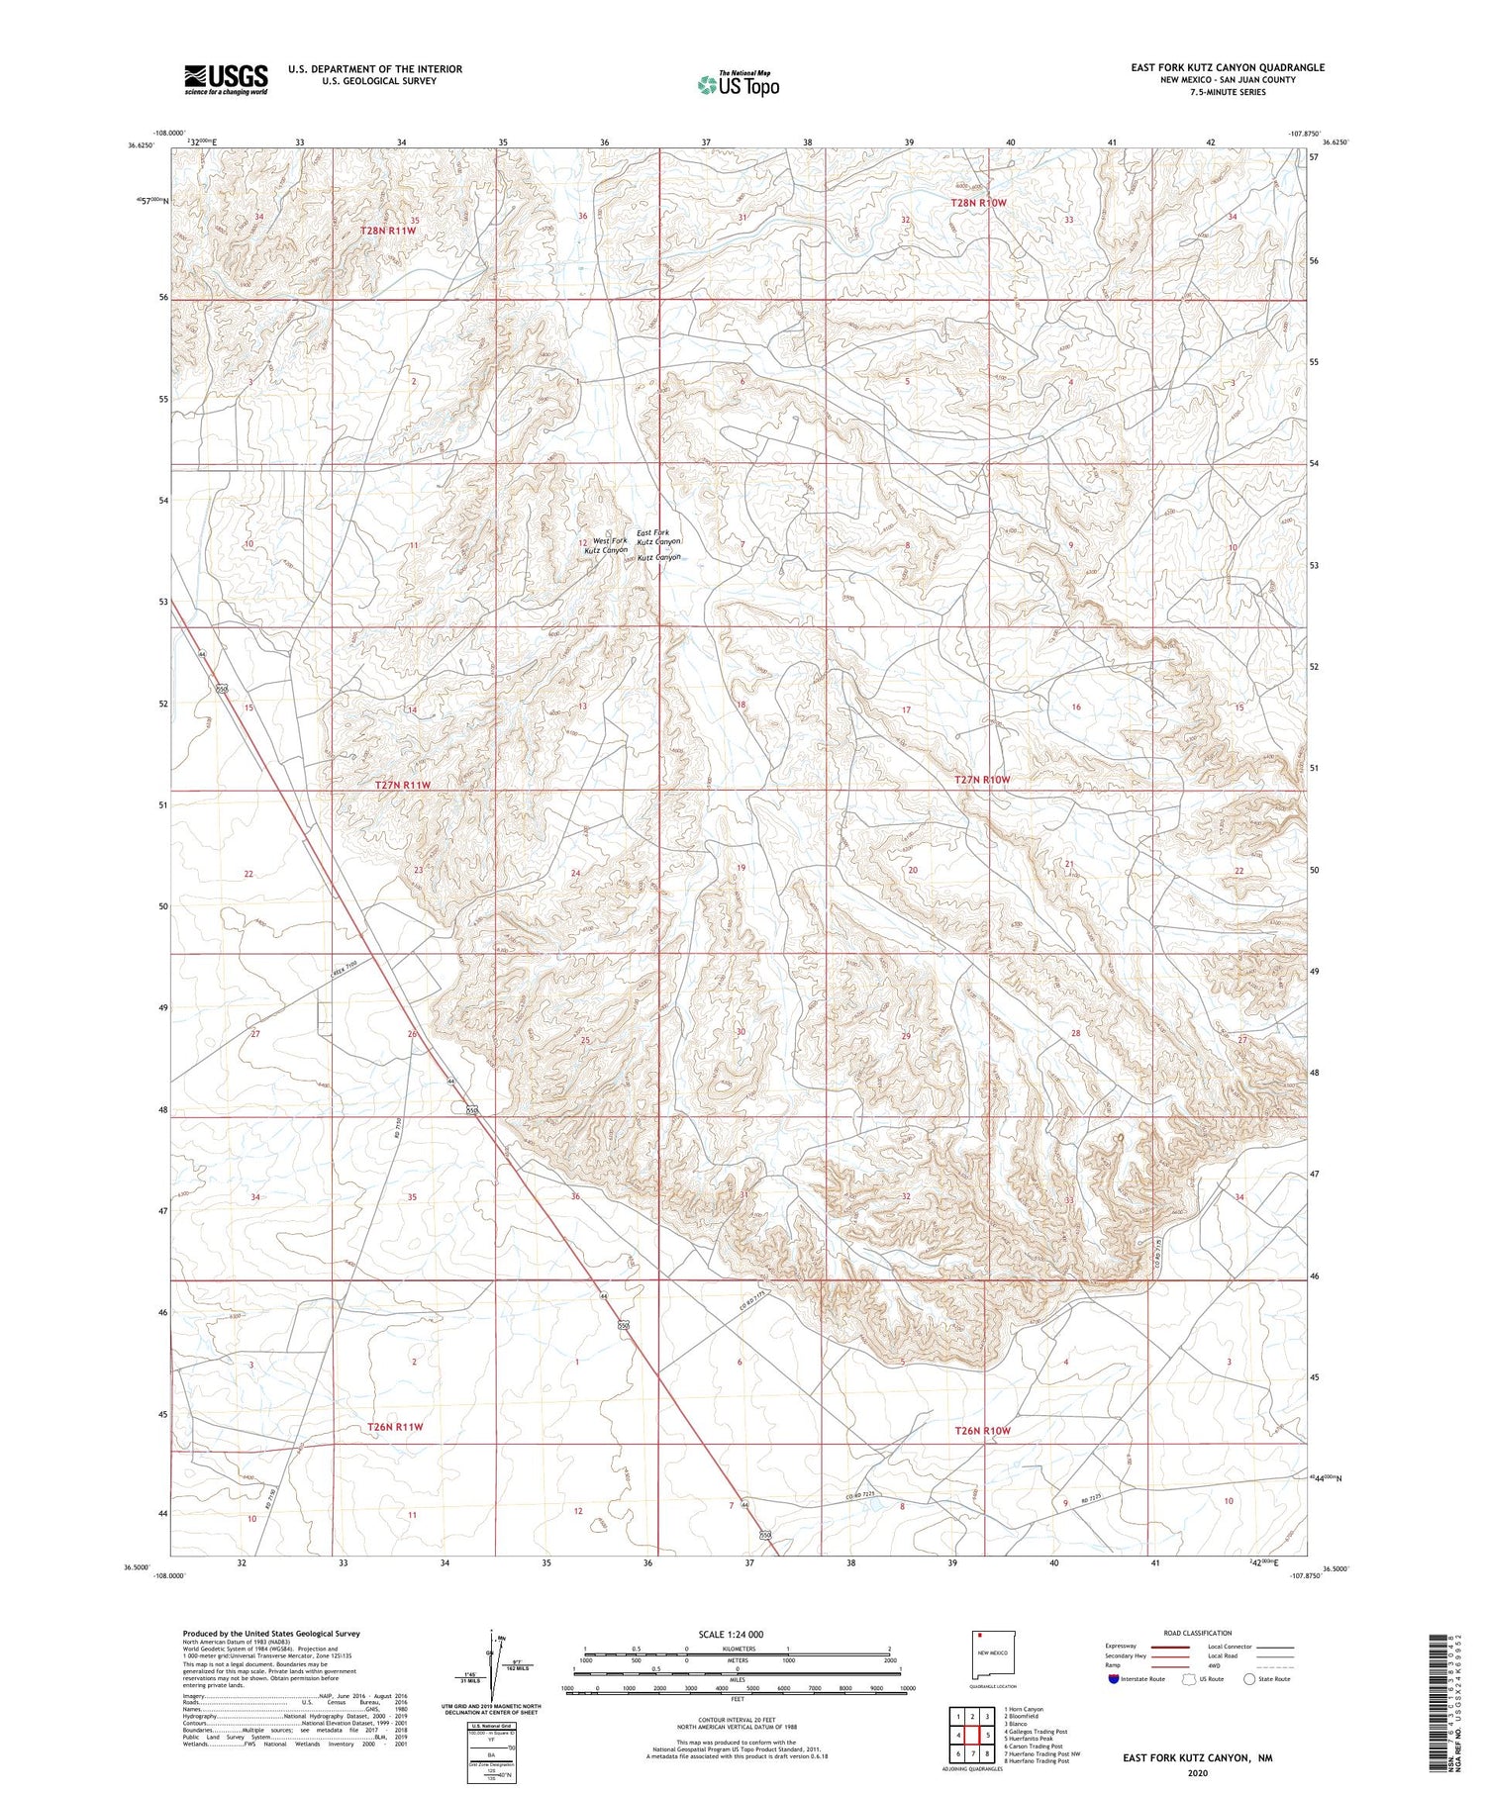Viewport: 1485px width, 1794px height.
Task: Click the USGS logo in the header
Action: [226, 79]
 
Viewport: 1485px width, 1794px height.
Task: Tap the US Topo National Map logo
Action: [738, 84]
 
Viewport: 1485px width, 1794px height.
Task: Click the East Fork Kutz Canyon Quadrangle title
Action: [1228, 67]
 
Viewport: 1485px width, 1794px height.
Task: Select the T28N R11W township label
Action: [388, 231]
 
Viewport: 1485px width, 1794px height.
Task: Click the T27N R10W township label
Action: [982, 780]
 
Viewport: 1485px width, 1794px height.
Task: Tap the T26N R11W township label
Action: [395, 1427]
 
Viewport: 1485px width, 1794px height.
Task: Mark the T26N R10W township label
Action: [982, 1431]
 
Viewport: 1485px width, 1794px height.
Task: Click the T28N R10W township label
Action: [978, 203]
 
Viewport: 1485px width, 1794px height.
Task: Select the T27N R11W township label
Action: [403, 785]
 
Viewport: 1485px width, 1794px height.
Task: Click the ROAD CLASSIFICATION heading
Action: [1198, 1633]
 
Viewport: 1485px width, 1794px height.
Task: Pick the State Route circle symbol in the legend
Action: [1249, 1678]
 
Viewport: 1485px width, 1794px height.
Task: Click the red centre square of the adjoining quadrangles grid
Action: [972, 1735]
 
